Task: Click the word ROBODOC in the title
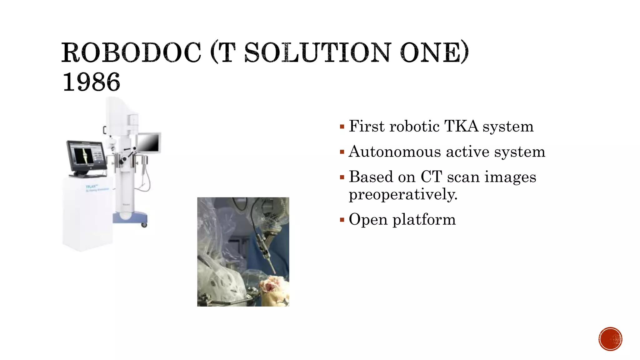point(131,52)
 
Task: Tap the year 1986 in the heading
point(91,82)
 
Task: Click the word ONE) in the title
point(434,52)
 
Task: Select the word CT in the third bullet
point(431,177)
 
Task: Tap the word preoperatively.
point(403,194)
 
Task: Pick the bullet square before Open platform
point(342,220)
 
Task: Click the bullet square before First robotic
point(342,127)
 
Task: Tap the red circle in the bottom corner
point(610,339)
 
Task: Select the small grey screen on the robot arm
point(149,143)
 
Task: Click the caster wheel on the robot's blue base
point(144,224)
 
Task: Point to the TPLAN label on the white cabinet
point(92,187)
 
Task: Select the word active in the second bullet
point(467,152)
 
